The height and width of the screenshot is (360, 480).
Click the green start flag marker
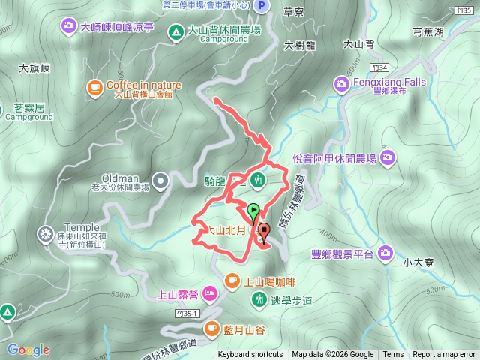click(x=253, y=211)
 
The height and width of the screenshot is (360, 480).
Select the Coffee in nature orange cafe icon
click(x=94, y=88)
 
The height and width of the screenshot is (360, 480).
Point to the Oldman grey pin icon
click(x=161, y=180)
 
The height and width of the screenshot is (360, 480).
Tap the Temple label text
click(x=81, y=227)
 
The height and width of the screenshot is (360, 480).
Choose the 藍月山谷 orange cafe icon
click(x=211, y=328)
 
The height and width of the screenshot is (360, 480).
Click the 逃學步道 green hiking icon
click(x=259, y=299)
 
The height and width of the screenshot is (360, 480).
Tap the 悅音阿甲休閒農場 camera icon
click(x=387, y=157)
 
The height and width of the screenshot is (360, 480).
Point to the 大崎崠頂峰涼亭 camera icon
click(x=69, y=27)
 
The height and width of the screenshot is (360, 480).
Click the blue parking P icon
click(x=261, y=6)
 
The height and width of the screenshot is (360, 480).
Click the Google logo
click(x=28, y=349)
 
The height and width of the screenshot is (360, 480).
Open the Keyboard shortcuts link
click(x=250, y=355)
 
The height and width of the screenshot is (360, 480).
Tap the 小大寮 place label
click(x=415, y=262)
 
